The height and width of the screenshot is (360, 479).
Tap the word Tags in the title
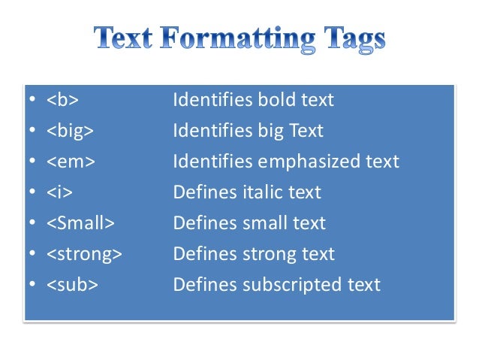tap(348, 38)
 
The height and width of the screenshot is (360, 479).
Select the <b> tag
tap(62, 100)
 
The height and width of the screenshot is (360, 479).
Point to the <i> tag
tap(59, 192)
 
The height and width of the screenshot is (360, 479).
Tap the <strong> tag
tap(83, 254)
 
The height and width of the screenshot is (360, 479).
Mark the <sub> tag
tap(72, 285)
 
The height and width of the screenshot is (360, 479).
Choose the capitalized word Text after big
tap(305, 131)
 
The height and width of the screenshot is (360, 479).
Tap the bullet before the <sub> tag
tap(32, 286)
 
